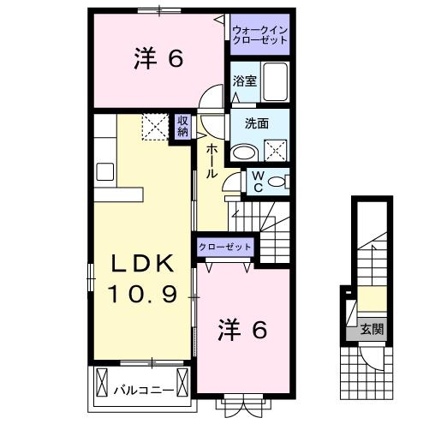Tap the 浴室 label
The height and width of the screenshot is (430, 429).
tap(245, 81)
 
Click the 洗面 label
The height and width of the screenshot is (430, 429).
tap(257, 123)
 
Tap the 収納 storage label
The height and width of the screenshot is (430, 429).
tap(183, 126)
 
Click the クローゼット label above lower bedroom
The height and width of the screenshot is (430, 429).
tap(226, 247)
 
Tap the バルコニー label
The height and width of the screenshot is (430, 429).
tap(144, 391)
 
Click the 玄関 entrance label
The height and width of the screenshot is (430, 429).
tap(371, 327)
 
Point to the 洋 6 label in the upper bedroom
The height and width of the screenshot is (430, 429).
tap(158, 59)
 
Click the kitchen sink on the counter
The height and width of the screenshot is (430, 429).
tap(105, 171)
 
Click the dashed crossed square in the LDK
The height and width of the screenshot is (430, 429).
tap(157, 128)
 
